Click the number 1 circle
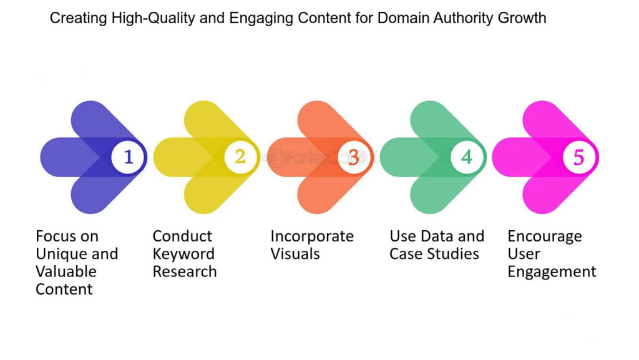click(129, 157)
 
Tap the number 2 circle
click(240, 157)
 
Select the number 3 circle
click(354, 157)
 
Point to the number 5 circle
click(579, 157)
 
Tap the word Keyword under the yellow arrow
click(183, 254)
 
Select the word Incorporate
click(312, 236)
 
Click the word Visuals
click(295, 254)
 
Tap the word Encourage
click(545, 236)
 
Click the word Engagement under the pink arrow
click(552, 272)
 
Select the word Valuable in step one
click(66, 271)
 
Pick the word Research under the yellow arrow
click(185, 271)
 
